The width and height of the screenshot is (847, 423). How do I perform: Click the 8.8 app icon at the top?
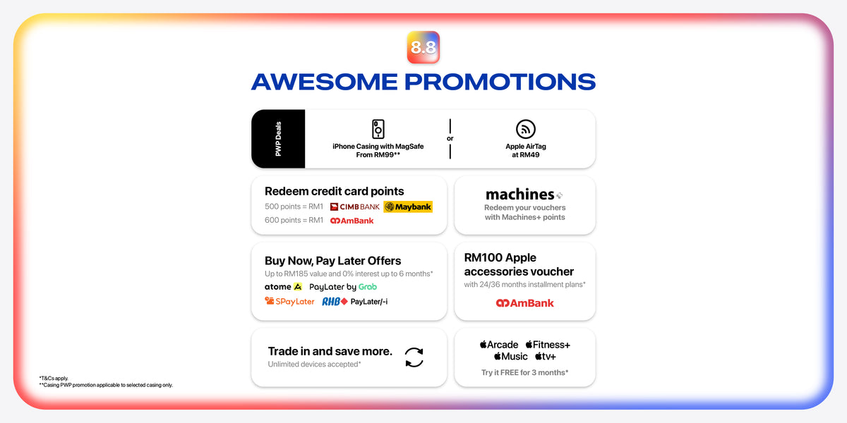click(423, 47)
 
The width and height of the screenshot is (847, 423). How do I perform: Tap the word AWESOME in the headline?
click(325, 82)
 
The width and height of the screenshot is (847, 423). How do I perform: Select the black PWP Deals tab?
click(278, 139)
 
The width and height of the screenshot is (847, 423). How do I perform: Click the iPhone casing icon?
click(378, 129)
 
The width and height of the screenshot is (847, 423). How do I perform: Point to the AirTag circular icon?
click(526, 129)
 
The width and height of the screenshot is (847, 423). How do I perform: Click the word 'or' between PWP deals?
click(450, 139)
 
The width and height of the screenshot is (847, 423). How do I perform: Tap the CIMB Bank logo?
click(354, 207)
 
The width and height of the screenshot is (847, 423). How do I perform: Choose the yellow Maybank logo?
click(408, 207)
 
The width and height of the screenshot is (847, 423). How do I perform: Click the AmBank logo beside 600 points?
click(352, 221)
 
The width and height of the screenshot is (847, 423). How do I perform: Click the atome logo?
click(283, 287)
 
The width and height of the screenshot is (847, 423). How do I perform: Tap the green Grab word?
click(368, 287)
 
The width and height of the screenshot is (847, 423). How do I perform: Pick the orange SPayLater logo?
click(289, 302)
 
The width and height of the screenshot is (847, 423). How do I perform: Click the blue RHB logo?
click(335, 302)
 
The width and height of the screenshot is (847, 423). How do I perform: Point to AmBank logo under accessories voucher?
click(525, 303)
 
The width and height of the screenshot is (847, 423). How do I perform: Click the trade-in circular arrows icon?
click(414, 357)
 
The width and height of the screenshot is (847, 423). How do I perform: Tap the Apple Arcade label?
click(499, 345)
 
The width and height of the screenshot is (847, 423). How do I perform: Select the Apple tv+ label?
click(546, 357)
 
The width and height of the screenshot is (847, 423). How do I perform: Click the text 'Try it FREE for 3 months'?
click(525, 372)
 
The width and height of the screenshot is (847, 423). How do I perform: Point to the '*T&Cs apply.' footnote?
click(54, 378)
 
